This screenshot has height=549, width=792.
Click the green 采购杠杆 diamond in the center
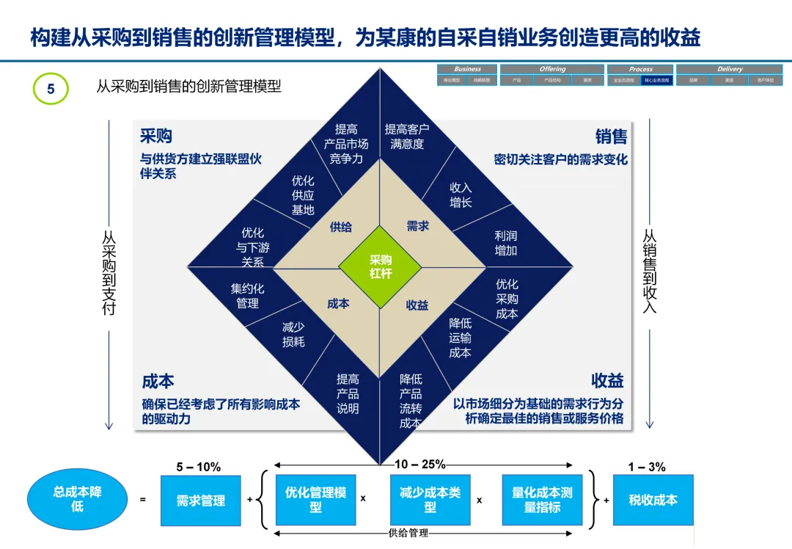(380, 266)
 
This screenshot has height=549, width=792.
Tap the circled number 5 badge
(51, 89)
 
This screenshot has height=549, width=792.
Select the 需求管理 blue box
(200, 501)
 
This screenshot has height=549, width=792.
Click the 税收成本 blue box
(653, 500)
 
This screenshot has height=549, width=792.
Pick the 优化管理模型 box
(315, 500)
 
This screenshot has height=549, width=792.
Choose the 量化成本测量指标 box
(542, 500)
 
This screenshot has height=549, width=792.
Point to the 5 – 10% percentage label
(198, 467)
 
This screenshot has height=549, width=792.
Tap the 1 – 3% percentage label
(647, 467)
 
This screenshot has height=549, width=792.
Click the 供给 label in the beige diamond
(340, 227)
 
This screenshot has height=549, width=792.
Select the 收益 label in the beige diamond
(417, 305)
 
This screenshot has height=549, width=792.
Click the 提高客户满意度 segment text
(407, 137)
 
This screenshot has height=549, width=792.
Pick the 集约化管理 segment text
(247, 295)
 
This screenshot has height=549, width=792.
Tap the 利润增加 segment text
(506, 243)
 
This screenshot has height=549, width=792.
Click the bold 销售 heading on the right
(611, 137)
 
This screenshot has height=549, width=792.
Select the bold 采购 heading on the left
(156, 137)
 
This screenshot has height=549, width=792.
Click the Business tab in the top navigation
(467, 69)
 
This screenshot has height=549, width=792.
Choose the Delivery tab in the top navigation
(729, 69)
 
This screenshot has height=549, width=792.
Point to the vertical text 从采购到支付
(109, 274)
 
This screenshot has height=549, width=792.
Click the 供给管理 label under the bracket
(408, 533)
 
